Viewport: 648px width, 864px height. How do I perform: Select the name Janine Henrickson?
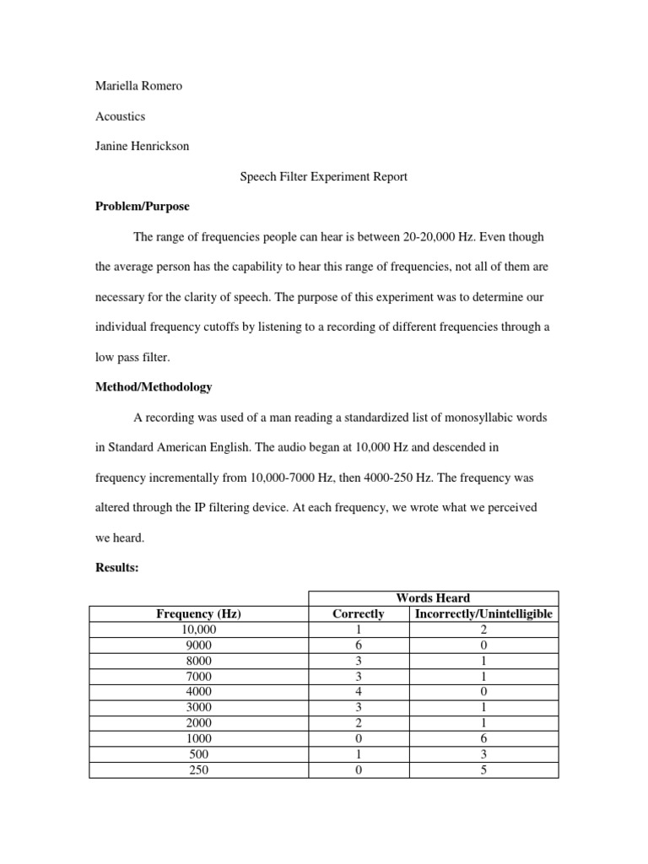tap(142, 146)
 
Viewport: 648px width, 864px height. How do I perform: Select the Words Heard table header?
tap(433, 598)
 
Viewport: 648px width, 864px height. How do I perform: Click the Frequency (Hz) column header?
tap(199, 613)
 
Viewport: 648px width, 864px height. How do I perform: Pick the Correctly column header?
tap(359, 613)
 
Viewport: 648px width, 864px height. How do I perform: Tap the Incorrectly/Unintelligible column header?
tap(483, 613)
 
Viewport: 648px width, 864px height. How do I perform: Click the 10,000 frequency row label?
tap(199, 629)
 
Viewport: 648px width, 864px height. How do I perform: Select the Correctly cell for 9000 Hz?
tap(359, 645)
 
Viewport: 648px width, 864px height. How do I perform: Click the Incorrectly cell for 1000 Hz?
tap(483, 738)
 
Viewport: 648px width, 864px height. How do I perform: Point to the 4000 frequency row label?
tap(199, 692)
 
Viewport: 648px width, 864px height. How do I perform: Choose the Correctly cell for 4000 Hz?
tap(359, 692)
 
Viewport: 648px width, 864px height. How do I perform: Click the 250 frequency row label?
tap(199, 769)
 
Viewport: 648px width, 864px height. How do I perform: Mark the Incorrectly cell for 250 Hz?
tap(483, 769)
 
